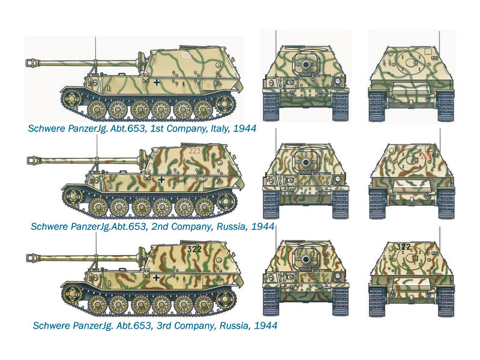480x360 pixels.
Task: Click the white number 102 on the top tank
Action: [x=187, y=55]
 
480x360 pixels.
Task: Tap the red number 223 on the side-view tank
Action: [x=194, y=151]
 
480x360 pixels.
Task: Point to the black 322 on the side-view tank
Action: [x=194, y=249]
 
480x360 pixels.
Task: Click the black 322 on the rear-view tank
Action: [x=403, y=247]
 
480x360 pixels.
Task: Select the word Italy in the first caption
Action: [x=220, y=128]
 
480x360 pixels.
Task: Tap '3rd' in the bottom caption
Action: [x=164, y=325]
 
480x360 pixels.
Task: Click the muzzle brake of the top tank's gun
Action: [x=32, y=63]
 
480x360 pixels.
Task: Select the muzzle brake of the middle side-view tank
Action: [x=34, y=160]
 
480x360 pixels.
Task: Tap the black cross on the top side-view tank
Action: [x=157, y=82]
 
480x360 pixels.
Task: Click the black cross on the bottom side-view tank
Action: [x=156, y=278]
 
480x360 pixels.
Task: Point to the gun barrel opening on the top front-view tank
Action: [x=305, y=64]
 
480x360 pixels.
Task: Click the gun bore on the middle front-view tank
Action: [x=305, y=161]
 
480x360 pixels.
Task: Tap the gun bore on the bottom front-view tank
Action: [x=305, y=259]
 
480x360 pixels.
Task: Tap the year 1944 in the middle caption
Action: [x=263, y=227]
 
